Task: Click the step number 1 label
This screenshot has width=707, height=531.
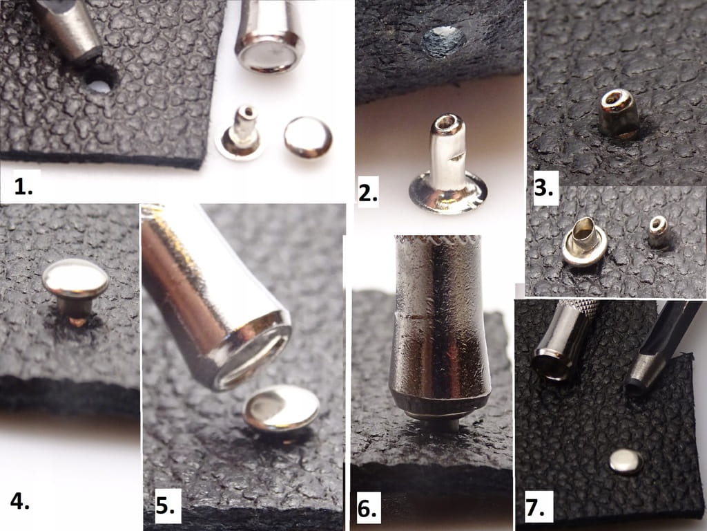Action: point(23,187)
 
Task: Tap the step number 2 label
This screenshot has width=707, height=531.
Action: point(367,194)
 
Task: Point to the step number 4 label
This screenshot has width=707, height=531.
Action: point(20,501)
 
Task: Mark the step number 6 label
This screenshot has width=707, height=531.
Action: point(367,508)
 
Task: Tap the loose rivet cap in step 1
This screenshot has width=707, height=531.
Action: point(308,137)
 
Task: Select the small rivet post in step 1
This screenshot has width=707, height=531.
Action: point(240,133)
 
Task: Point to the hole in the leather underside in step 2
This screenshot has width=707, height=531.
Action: point(443,41)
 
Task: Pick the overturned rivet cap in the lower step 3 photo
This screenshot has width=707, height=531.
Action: point(584,241)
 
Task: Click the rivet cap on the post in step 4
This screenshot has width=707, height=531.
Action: point(75,278)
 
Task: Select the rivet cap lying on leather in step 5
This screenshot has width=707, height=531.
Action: point(282,408)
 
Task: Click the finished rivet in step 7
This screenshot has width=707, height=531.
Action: point(626,461)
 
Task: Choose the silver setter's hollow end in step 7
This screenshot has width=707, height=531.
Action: point(551,364)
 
